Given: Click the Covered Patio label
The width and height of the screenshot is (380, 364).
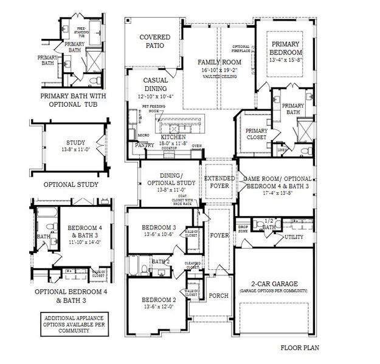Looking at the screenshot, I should tap(154, 42).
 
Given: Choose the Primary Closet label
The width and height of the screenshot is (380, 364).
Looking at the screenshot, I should tap(256, 134).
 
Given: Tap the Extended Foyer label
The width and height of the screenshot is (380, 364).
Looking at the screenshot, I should tap(216, 182).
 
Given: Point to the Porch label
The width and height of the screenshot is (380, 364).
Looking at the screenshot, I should tap(218, 296).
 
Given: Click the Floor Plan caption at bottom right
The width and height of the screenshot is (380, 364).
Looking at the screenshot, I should tap(300, 348).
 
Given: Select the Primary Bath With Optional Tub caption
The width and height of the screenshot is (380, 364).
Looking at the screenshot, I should tap(69, 100).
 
